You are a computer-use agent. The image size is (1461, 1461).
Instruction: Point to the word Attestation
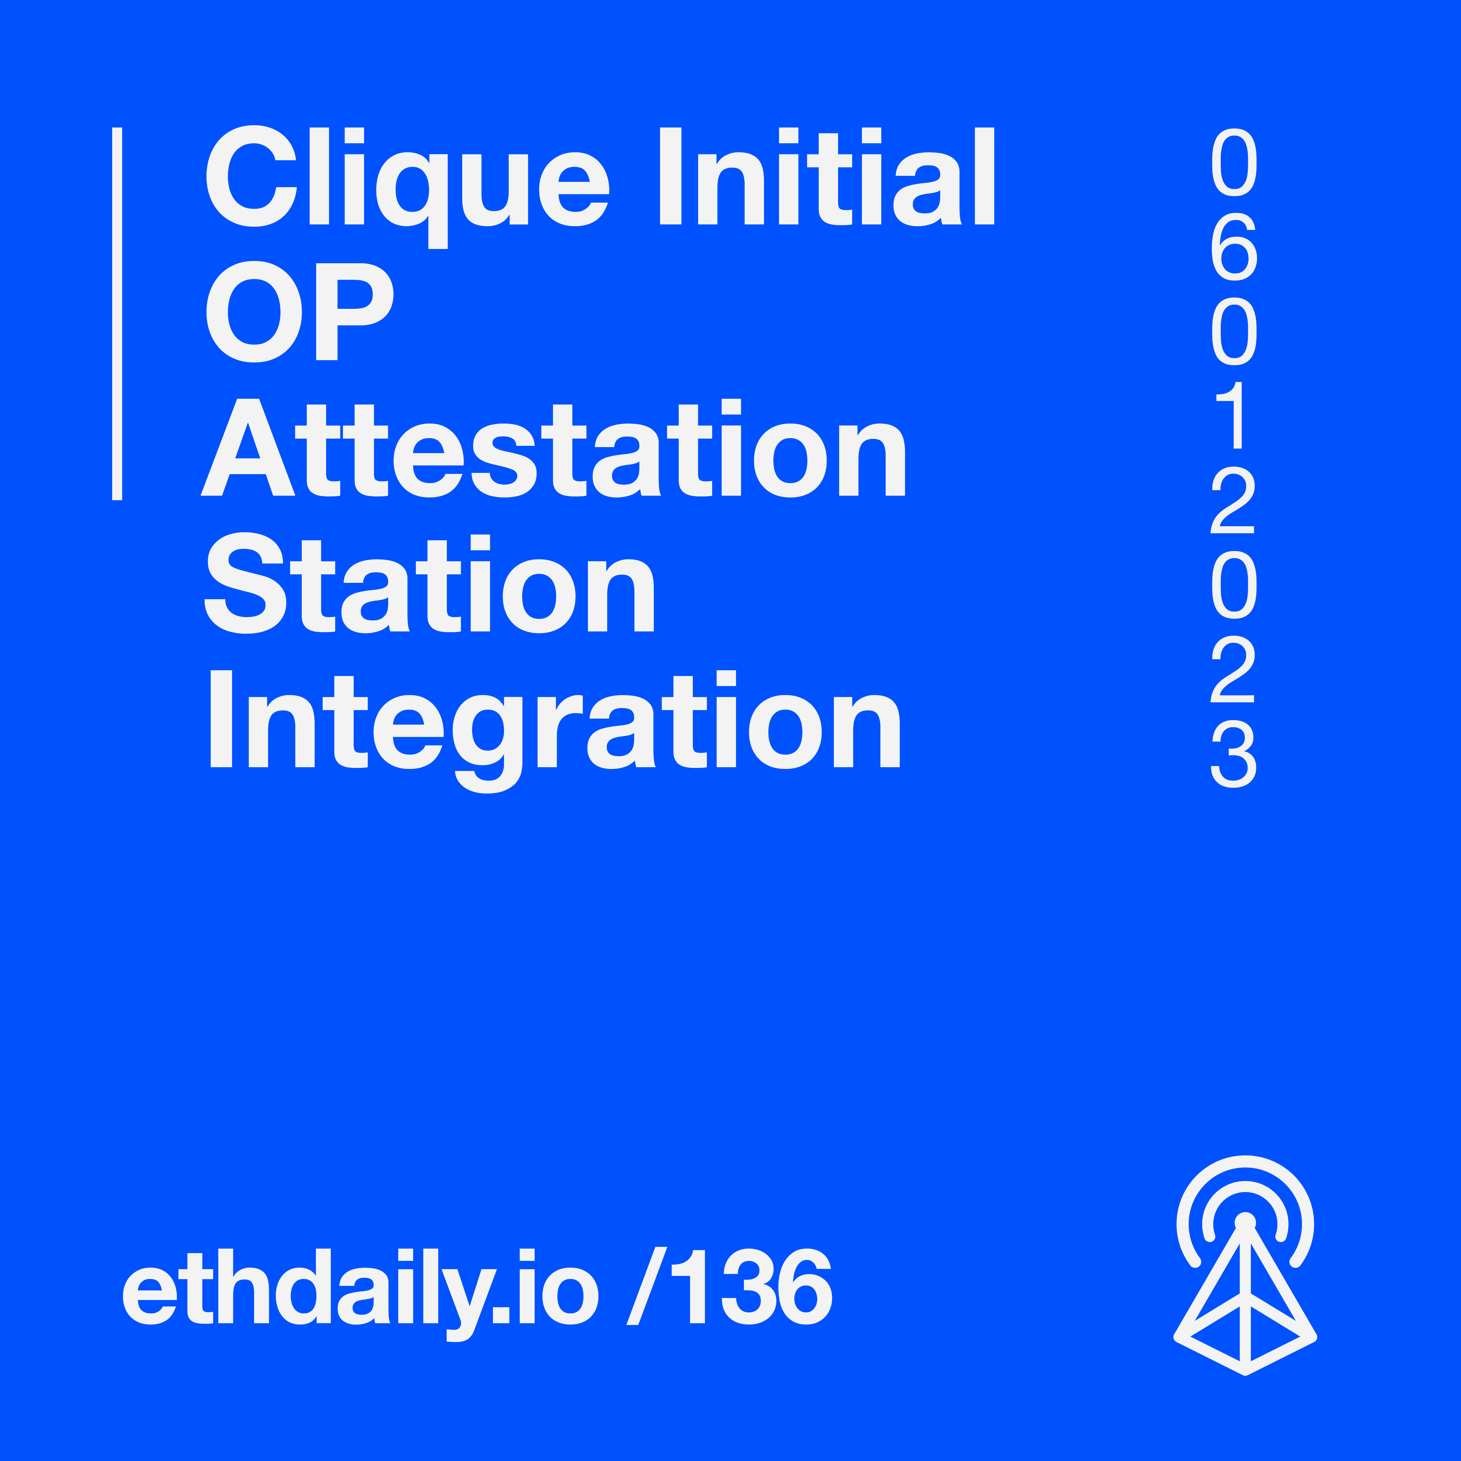tap(553, 448)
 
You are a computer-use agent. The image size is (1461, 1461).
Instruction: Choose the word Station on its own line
tap(430, 583)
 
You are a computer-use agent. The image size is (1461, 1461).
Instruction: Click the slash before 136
tap(646, 1286)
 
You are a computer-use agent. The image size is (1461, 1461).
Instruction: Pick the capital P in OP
tap(355, 312)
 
